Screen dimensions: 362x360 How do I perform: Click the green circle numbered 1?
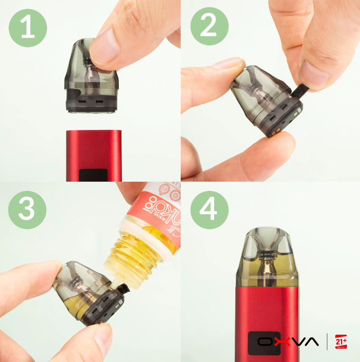[28, 28]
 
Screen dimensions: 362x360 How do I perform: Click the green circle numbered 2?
[209, 26]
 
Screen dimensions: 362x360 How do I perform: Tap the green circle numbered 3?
[27, 209]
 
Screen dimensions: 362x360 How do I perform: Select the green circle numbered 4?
[209, 209]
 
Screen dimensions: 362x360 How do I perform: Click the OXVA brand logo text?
[288, 341]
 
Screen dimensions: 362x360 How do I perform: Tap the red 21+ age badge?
[341, 341]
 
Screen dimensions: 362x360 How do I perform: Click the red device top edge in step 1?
[94, 132]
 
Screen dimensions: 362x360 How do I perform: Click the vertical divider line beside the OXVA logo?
[327, 342]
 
